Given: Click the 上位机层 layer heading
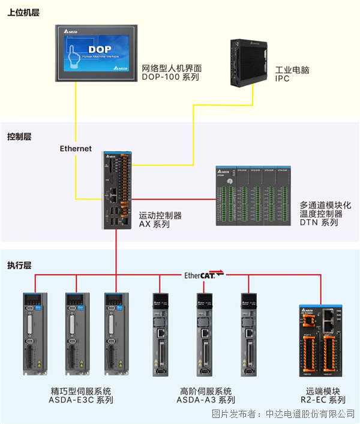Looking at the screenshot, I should coord(23,13).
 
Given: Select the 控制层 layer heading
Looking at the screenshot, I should coord(19,136).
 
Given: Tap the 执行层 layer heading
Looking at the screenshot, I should coord(19,265).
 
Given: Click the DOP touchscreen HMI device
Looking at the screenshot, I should coord(96,52).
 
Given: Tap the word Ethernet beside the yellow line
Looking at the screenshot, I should coord(76,148).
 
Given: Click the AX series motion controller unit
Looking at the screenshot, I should coord(116,189).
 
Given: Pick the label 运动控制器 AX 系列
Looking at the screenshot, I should coord(160,220).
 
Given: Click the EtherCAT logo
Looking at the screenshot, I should coord(203,275).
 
